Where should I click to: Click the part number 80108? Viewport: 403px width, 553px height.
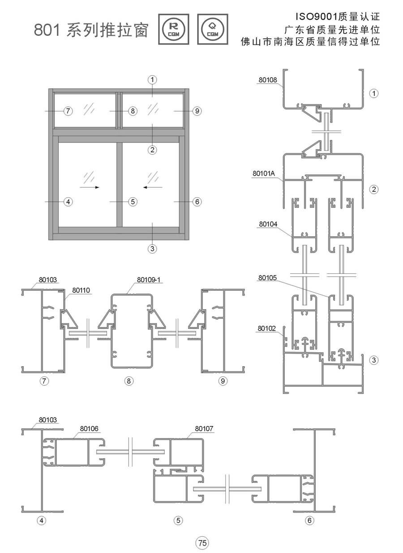(x=268, y=80)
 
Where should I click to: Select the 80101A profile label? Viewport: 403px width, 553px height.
(x=263, y=173)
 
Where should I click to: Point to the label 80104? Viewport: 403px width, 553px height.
(x=268, y=224)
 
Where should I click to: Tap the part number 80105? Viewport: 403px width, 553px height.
(x=267, y=278)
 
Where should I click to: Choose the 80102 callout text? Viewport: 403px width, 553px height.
(x=266, y=328)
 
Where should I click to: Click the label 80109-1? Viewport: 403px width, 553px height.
(x=149, y=280)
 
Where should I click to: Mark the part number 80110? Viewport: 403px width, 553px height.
(x=81, y=290)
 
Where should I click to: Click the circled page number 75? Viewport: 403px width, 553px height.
(x=202, y=543)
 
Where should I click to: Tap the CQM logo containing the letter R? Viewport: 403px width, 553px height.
(x=174, y=30)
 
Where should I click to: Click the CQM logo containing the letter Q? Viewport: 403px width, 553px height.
(x=213, y=30)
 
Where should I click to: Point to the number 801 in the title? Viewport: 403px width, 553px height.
(x=47, y=30)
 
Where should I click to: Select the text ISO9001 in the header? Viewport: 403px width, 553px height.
(x=317, y=17)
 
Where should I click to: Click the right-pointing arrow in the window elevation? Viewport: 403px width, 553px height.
(x=89, y=187)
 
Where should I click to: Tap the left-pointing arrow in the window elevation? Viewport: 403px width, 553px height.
(x=153, y=187)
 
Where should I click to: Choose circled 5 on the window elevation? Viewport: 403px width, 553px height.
(x=133, y=202)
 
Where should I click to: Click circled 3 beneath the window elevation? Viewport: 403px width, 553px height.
(x=152, y=249)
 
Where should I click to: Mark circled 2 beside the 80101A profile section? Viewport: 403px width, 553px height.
(x=374, y=190)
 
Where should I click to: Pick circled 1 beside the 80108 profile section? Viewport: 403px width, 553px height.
(x=374, y=93)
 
